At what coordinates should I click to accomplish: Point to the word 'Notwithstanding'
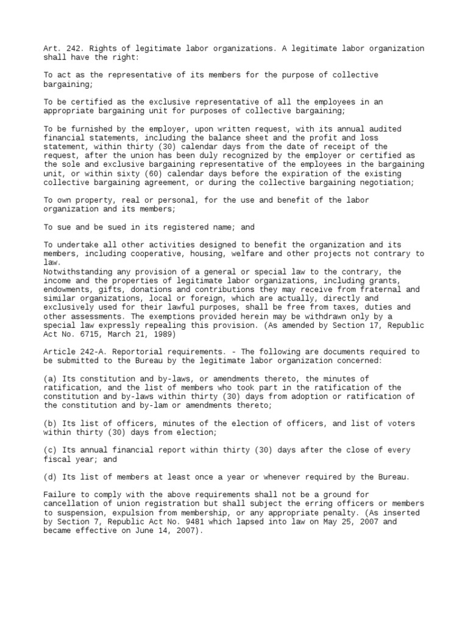coord(78,271)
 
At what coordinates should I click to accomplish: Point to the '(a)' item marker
coord(50,378)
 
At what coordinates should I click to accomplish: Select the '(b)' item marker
coord(50,423)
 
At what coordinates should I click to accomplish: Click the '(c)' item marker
coord(50,450)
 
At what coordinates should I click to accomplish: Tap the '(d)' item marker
coord(50,476)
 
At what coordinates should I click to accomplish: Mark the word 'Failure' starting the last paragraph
coord(60,494)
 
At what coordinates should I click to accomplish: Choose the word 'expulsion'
coord(130,512)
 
